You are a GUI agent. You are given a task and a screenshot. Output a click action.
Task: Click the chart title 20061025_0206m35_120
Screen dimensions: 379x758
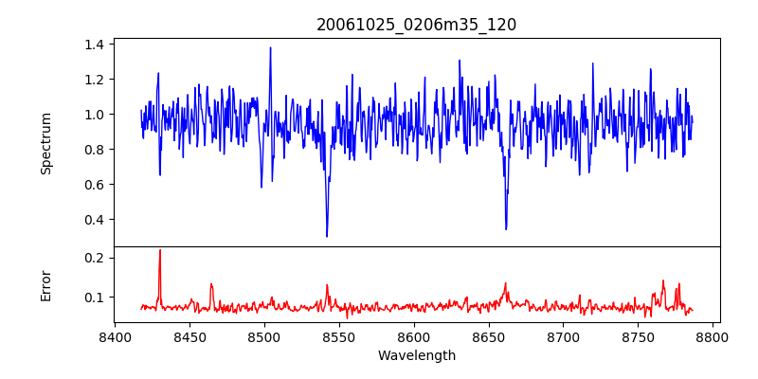click(416, 25)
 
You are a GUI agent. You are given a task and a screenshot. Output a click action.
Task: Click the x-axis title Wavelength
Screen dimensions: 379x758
click(416, 356)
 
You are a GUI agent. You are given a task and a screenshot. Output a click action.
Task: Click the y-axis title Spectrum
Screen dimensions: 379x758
click(45, 143)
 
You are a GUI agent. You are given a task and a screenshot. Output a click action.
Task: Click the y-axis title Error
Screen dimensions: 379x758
click(45, 284)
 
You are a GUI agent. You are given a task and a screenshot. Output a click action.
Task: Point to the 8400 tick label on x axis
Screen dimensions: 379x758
click(115, 336)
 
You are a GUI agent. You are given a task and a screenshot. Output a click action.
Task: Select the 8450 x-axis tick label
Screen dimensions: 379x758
click(189, 336)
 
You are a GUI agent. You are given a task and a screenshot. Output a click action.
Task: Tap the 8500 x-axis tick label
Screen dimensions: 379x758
click(264, 336)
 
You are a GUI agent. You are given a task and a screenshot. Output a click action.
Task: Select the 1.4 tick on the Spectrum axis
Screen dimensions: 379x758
click(95, 45)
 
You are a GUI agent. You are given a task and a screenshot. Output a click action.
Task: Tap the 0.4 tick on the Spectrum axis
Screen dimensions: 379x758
click(95, 220)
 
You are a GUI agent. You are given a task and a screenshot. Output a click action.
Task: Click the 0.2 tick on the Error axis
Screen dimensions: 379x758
click(95, 258)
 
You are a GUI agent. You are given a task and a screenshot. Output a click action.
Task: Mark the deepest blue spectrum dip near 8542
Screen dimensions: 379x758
click(327, 236)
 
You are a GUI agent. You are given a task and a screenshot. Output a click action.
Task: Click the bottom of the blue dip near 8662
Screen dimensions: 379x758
click(506, 228)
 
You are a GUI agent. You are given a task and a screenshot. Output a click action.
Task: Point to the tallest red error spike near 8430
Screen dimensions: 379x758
click(160, 250)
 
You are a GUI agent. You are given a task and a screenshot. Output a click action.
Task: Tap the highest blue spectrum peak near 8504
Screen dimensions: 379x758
click(270, 47)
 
